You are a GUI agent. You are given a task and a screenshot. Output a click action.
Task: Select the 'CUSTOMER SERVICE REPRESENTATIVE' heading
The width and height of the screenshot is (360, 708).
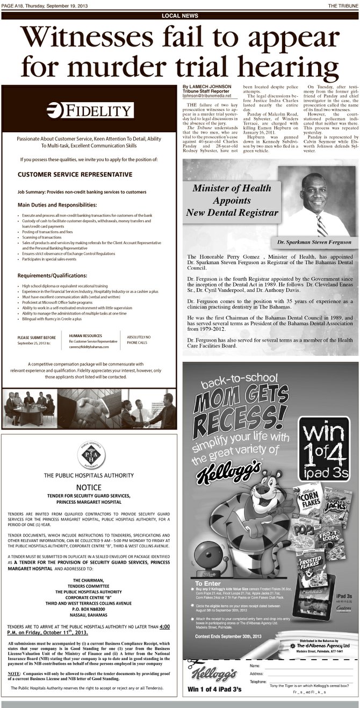75,174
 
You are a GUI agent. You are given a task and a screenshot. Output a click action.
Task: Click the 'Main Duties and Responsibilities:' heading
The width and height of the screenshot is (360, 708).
57,205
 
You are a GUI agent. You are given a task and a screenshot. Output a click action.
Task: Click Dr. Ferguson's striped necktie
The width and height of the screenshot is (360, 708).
321,226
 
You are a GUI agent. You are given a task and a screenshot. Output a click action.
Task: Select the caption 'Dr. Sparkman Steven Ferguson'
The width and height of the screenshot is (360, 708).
314,242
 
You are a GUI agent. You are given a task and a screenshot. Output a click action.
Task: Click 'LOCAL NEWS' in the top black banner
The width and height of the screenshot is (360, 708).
179,16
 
